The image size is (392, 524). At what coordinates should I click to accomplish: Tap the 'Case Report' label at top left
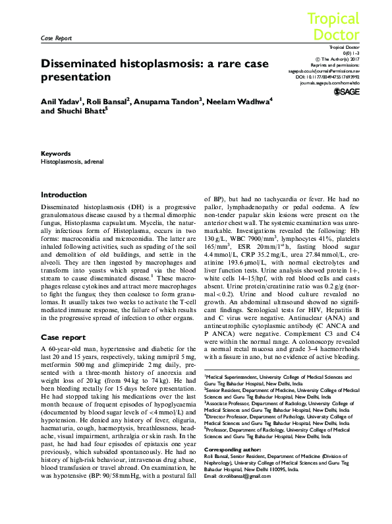[x=56, y=38]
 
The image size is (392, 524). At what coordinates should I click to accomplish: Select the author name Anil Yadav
[x=61, y=102]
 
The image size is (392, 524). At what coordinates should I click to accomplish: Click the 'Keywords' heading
[x=55, y=152]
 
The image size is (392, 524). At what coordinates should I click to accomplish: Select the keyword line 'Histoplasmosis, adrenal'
[x=72, y=161]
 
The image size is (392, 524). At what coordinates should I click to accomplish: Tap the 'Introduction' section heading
[x=63, y=195]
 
